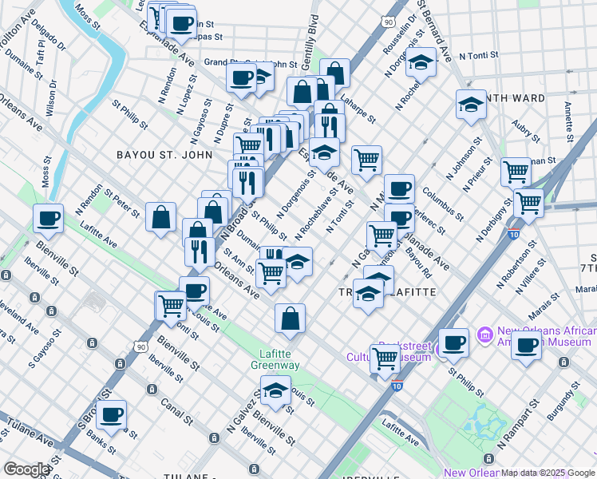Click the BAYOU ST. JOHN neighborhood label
click(164, 155)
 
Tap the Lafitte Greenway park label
click(279, 359)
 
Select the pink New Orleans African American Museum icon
click(482, 332)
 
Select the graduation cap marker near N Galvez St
click(275, 392)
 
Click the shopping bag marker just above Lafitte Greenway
click(290, 319)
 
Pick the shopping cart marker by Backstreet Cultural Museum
click(385, 359)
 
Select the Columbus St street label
click(444, 203)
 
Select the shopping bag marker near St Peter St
click(160, 217)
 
